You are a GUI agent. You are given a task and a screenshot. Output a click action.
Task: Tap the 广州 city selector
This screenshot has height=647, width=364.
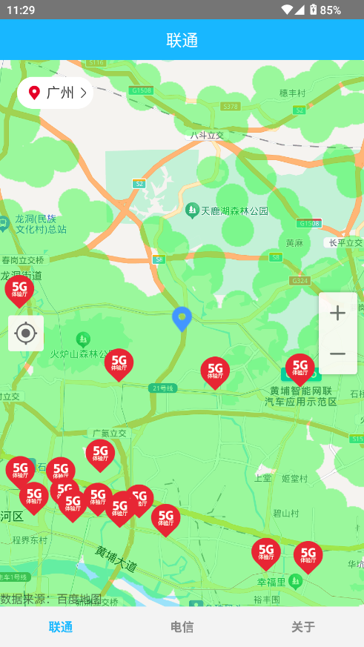[55, 93]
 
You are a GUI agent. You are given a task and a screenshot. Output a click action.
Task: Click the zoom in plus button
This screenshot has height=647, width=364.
[337, 313]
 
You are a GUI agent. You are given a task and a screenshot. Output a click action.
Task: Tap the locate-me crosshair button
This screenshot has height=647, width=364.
[26, 334]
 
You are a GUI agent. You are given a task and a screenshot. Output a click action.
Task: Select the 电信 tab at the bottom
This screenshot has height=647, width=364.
[182, 627]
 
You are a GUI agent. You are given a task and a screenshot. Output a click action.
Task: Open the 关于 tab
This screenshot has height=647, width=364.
[302, 627]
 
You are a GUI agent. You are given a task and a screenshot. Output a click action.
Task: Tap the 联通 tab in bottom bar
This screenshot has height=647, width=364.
[61, 627]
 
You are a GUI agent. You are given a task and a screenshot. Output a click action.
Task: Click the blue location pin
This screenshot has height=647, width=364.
[182, 319]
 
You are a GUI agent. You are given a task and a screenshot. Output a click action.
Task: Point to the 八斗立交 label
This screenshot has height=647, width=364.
[207, 136]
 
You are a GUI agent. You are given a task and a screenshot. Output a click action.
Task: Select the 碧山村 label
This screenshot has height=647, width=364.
[285, 512]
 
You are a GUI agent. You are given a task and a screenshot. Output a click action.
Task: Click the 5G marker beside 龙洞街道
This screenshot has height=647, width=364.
[19, 289]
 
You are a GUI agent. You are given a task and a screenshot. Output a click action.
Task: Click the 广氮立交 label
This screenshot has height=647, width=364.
[110, 433]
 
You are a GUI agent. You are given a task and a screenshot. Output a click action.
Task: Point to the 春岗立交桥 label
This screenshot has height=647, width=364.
[23, 260]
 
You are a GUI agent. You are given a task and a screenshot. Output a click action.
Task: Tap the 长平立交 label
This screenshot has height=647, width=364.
[345, 243]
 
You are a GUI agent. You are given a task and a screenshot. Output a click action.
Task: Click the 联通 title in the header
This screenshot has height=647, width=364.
[182, 40]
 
